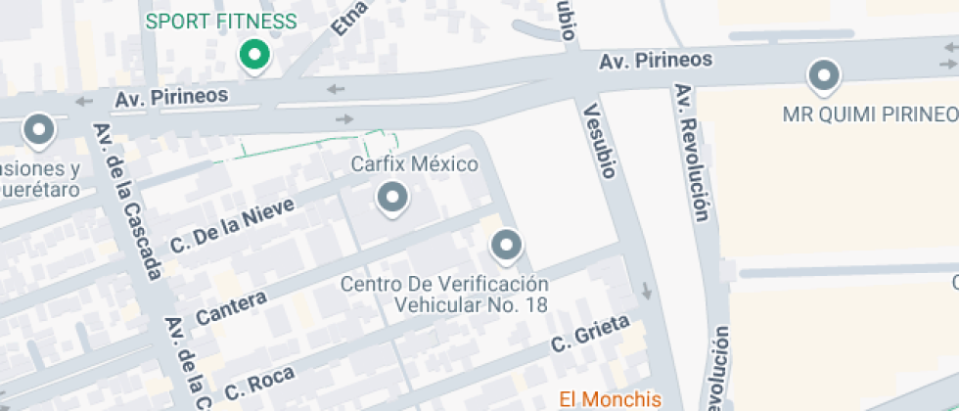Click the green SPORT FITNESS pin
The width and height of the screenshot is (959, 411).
click(255, 55)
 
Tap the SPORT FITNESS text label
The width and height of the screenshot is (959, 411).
click(221, 22)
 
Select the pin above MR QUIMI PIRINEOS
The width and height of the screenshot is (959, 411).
click(823, 75)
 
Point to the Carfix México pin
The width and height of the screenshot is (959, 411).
click(392, 199)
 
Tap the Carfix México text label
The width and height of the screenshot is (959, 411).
click(414, 163)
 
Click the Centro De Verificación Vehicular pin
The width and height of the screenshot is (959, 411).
click(506, 245)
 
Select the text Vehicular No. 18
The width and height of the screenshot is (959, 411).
click(472, 303)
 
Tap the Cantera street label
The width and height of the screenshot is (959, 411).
click(231, 308)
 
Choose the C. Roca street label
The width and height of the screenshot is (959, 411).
click(259, 377)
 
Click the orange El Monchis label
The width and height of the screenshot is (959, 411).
click(610, 398)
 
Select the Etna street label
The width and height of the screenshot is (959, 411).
click(349, 18)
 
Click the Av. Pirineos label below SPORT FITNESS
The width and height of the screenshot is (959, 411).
click(171, 97)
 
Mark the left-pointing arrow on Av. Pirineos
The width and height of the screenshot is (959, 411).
click(336, 90)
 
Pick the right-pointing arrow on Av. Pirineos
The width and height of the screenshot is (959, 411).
click(343, 118)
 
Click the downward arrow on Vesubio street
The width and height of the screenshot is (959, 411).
click(646, 291)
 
